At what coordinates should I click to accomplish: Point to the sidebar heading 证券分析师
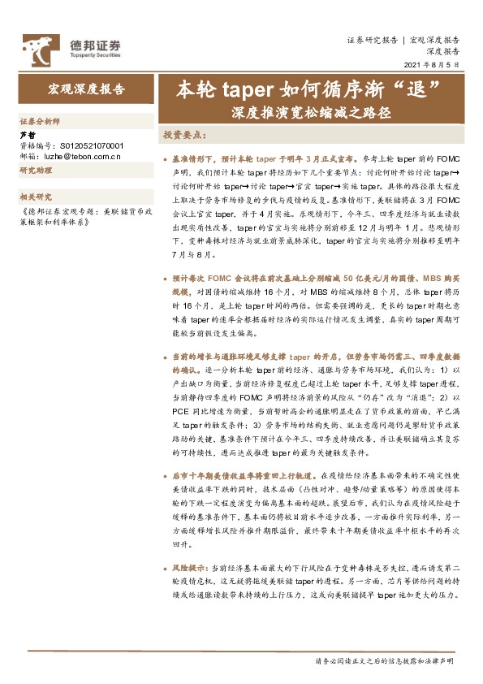pos(40,120)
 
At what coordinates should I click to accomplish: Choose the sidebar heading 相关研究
pos(36,197)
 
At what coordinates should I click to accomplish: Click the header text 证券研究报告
pos(372,40)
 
